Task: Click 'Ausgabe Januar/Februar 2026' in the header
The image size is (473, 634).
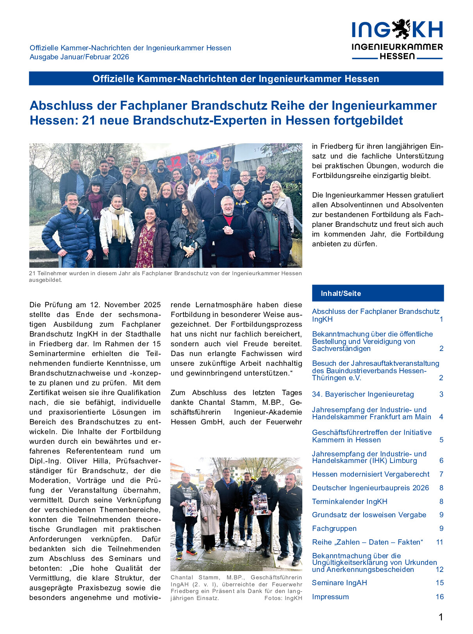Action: pos(79,57)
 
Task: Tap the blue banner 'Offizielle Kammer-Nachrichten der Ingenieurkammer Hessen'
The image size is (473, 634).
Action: pos(236,78)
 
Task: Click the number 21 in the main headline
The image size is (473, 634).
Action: pos(89,120)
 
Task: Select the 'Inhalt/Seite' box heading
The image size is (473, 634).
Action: pos(341,294)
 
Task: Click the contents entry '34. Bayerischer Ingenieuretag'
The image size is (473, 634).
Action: pos(363,394)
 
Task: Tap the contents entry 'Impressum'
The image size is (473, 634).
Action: pos(330,597)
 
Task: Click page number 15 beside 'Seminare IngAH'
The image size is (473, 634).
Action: pos(439,583)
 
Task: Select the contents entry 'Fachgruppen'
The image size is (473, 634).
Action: pos(334,529)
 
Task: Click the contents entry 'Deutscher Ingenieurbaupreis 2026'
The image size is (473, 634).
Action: pos(370,488)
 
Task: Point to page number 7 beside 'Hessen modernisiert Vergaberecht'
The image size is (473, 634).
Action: pos(441,474)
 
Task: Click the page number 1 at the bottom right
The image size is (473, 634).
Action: pos(441,617)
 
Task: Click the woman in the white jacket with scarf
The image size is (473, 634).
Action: pos(116,226)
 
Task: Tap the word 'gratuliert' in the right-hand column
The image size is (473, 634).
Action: pos(427,195)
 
